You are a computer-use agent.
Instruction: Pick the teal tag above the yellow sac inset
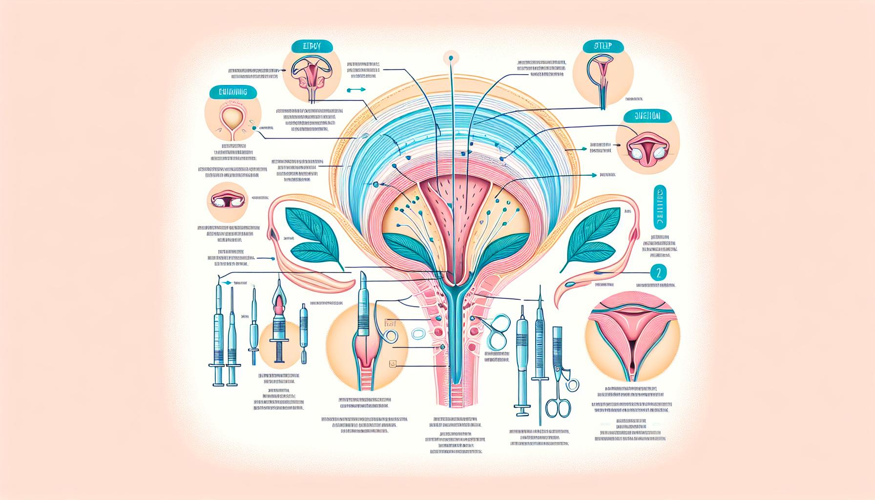click(x=228, y=92)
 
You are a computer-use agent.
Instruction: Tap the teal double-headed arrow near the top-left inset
click(x=355, y=90)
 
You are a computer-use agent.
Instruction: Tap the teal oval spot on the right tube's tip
click(x=569, y=284)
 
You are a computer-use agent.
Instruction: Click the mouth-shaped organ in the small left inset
click(x=228, y=200)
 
